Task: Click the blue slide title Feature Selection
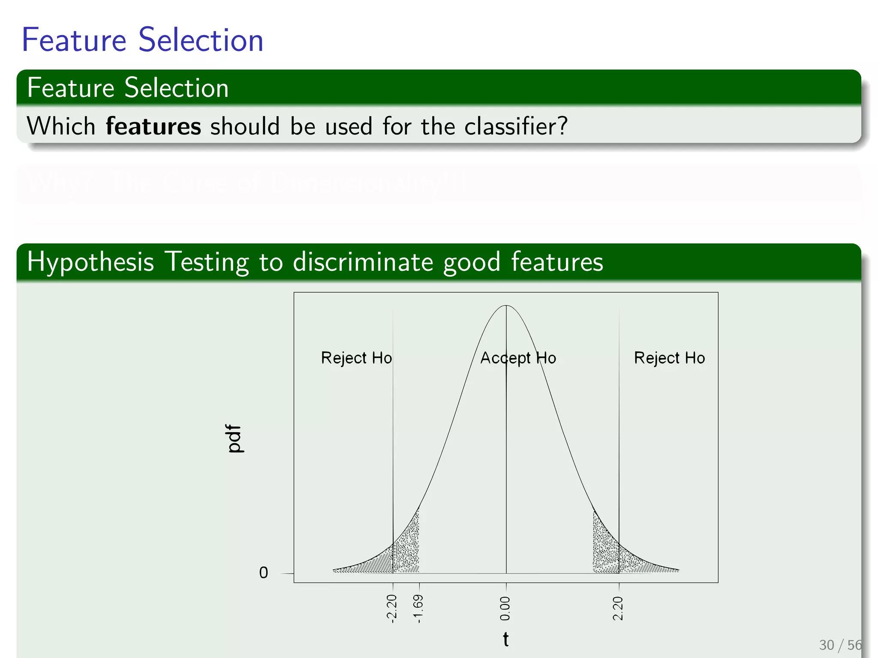pyautogui.click(x=142, y=40)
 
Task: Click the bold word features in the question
pyautogui.click(x=153, y=126)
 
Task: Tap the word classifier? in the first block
pyautogui.click(x=516, y=126)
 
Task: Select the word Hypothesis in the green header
pyautogui.click(x=90, y=262)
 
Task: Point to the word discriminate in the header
pyautogui.click(x=363, y=262)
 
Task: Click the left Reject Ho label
pyautogui.click(x=356, y=358)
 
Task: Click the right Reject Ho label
pyautogui.click(x=669, y=358)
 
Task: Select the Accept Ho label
pyautogui.click(x=518, y=358)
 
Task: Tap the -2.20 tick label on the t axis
pyautogui.click(x=392, y=608)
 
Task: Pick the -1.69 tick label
pyautogui.click(x=418, y=608)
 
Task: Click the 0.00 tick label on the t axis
pyautogui.click(x=506, y=608)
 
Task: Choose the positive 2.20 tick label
pyautogui.click(x=618, y=608)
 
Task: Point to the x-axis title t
pyautogui.click(x=506, y=640)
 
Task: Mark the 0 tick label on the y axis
pyautogui.click(x=264, y=573)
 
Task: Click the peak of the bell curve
pyautogui.click(x=506, y=306)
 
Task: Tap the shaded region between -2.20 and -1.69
pyautogui.click(x=406, y=553)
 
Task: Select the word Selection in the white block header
pyautogui.click(x=177, y=88)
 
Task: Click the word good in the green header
pyautogui.click(x=472, y=262)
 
